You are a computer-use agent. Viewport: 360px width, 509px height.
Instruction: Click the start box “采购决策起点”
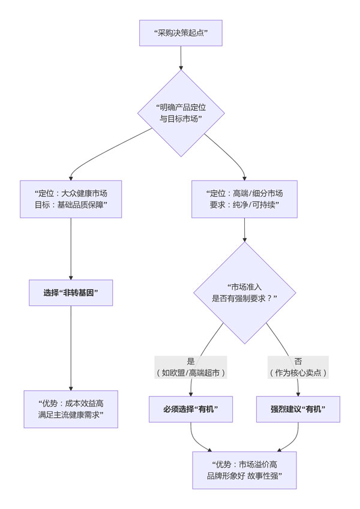click(x=181, y=33)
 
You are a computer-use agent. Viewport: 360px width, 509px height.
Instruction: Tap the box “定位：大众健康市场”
click(x=71, y=199)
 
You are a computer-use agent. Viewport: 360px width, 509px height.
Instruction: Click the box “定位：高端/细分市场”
click(x=244, y=199)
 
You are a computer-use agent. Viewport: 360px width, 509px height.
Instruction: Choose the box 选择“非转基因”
click(x=71, y=293)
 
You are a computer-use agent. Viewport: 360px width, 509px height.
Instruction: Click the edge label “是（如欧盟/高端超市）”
click(x=191, y=367)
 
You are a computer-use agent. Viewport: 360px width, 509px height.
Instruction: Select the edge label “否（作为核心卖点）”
click(x=298, y=367)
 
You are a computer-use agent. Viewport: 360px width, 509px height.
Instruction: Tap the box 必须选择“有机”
click(x=191, y=409)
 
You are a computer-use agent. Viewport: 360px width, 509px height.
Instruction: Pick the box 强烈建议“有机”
click(x=298, y=409)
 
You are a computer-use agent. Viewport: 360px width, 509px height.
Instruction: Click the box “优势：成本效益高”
click(x=71, y=409)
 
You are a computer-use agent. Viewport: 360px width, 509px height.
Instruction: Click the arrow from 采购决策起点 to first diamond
click(x=181, y=58)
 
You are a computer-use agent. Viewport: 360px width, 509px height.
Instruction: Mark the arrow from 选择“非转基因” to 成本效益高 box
click(x=71, y=348)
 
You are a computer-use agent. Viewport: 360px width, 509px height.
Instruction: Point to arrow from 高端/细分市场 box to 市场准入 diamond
click(x=244, y=230)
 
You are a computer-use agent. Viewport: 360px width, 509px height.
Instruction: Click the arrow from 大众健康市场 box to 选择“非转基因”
click(x=71, y=249)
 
